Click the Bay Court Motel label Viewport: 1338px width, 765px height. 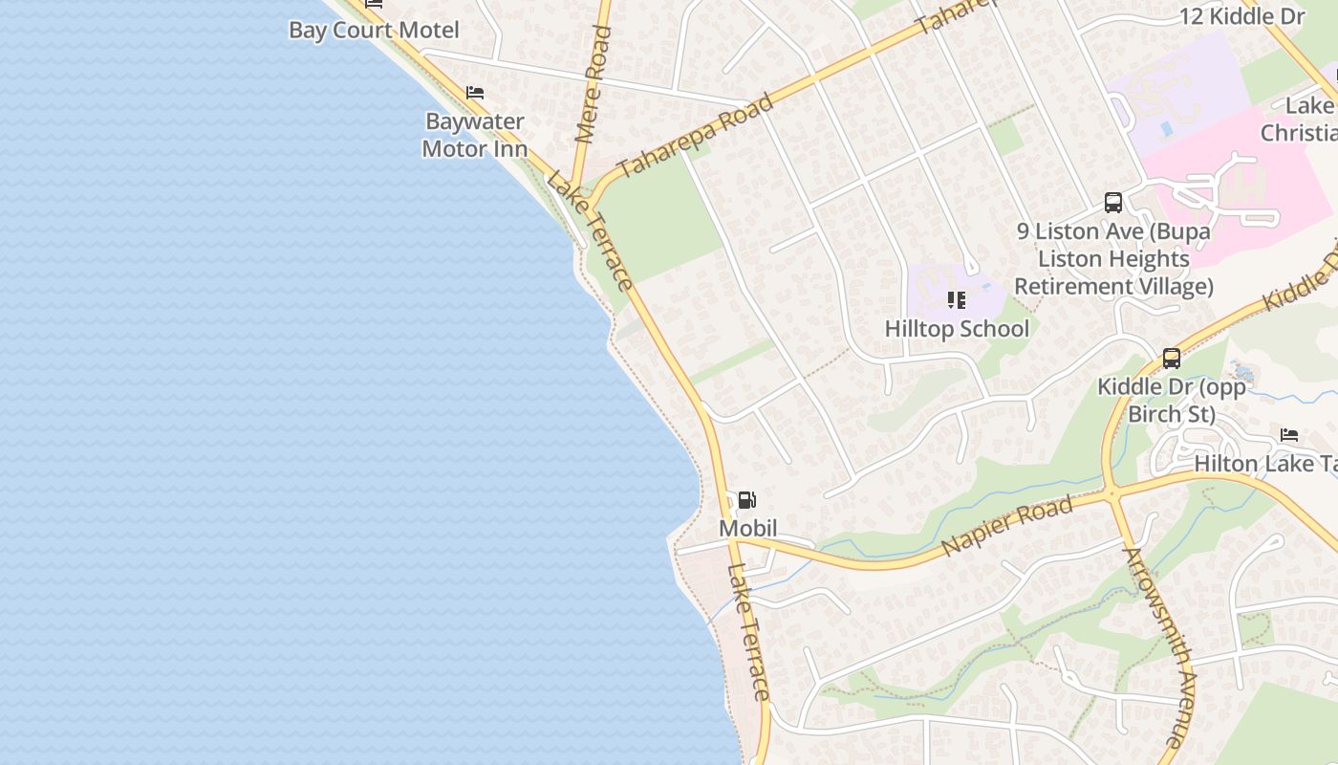pyautogui.click(x=374, y=30)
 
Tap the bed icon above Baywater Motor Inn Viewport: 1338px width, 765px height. pyautogui.click(x=475, y=93)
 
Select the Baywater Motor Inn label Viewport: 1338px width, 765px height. pyautogui.click(x=474, y=135)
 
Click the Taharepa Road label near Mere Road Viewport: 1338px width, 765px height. pyautogui.click(x=695, y=136)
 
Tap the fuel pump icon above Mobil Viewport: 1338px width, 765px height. pyautogui.click(x=746, y=499)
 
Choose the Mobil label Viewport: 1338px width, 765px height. pyautogui.click(x=747, y=528)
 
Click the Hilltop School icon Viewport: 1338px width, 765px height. pyautogui.click(x=957, y=300)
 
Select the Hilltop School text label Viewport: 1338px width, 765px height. pyautogui.click(x=957, y=329)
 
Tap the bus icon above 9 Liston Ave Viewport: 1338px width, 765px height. pyautogui.click(x=1113, y=203)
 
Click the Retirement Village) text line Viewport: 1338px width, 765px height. pyautogui.click(x=1113, y=286)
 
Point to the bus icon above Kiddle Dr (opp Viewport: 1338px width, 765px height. pyautogui.click(x=1172, y=359)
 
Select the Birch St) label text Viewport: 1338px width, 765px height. pyautogui.click(x=1172, y=414)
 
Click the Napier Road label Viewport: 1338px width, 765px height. pyautogui.click(x=1006, y=527)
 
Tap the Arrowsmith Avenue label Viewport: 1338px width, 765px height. pyautogui.click(x=1158, y=646)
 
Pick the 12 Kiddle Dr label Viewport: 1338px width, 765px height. pyautogui.click(x=1241, y=16)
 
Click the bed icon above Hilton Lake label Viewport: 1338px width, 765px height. pyautogui.click(x=1289, y=436)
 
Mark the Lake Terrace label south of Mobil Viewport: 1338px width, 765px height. pyautogui.click(x=747, y=632)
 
